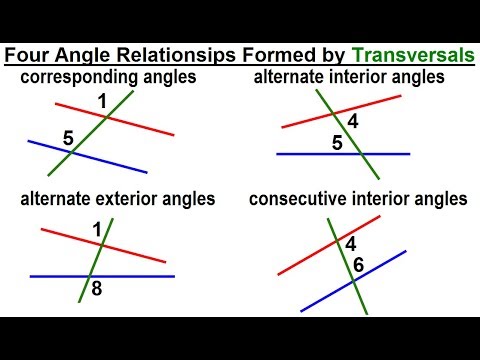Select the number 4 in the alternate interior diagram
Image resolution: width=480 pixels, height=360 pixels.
pos(353,123)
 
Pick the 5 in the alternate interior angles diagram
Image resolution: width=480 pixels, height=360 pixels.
pos(337,143)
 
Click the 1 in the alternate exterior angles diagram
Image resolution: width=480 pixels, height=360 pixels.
pos(98,230)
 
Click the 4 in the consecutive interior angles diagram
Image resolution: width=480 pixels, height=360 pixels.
pos(350,243)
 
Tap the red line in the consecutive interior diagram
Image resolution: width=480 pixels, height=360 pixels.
pos(300,262)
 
